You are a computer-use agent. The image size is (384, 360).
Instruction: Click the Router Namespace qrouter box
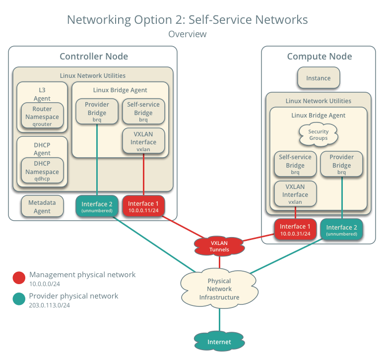click(42, 117)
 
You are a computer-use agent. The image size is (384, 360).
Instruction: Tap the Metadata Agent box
click(42, 207)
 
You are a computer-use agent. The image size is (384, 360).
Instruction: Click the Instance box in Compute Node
click(318, 78)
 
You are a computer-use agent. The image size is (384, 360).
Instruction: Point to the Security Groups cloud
click(318, 135)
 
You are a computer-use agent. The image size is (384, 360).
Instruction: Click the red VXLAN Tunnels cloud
click(219, 246)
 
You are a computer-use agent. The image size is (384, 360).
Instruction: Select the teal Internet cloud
click(219, 342)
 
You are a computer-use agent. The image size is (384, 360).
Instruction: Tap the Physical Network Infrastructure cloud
click(219, 289)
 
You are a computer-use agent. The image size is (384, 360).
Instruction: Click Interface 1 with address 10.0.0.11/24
click(144, 207)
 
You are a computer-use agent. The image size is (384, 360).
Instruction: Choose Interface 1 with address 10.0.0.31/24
click(295, 230)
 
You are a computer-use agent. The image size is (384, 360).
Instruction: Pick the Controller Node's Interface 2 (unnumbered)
click(97, 207)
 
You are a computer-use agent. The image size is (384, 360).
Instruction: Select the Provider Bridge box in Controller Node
click(97, 112)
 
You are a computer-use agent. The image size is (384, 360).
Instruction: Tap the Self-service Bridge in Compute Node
click(295, 164)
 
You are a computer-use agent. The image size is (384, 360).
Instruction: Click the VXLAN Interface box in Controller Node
click(143, 141)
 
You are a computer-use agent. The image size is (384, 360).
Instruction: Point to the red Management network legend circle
click(19, 278)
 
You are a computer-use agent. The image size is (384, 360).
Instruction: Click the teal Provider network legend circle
click(19, 299)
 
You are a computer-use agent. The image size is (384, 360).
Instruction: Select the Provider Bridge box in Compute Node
click(342, 164)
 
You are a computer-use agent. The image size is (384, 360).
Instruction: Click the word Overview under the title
click(187, 34)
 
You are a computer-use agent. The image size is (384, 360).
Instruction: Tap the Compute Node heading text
click(319, 57)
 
